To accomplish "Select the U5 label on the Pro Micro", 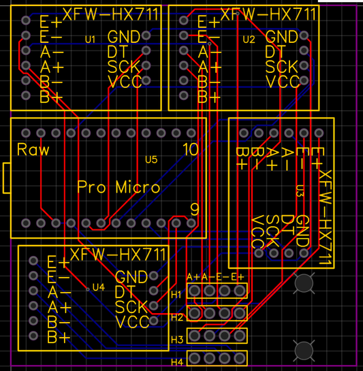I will [151, 160].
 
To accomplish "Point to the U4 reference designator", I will [98, 287].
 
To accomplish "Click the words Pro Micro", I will [119, 187].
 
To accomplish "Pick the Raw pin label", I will [33, 150].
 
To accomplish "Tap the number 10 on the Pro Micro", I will [191, 149].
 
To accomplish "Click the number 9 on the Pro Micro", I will [194, 210].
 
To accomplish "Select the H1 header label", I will [177, 294].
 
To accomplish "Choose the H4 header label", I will [177, 361].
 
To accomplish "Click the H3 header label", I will [177, 339].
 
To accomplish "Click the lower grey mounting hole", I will [304, 351].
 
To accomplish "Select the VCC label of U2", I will [282, 82].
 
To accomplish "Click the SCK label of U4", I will [131, 306].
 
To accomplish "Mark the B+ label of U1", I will [51, 97].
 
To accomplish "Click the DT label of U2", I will [274, 52].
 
